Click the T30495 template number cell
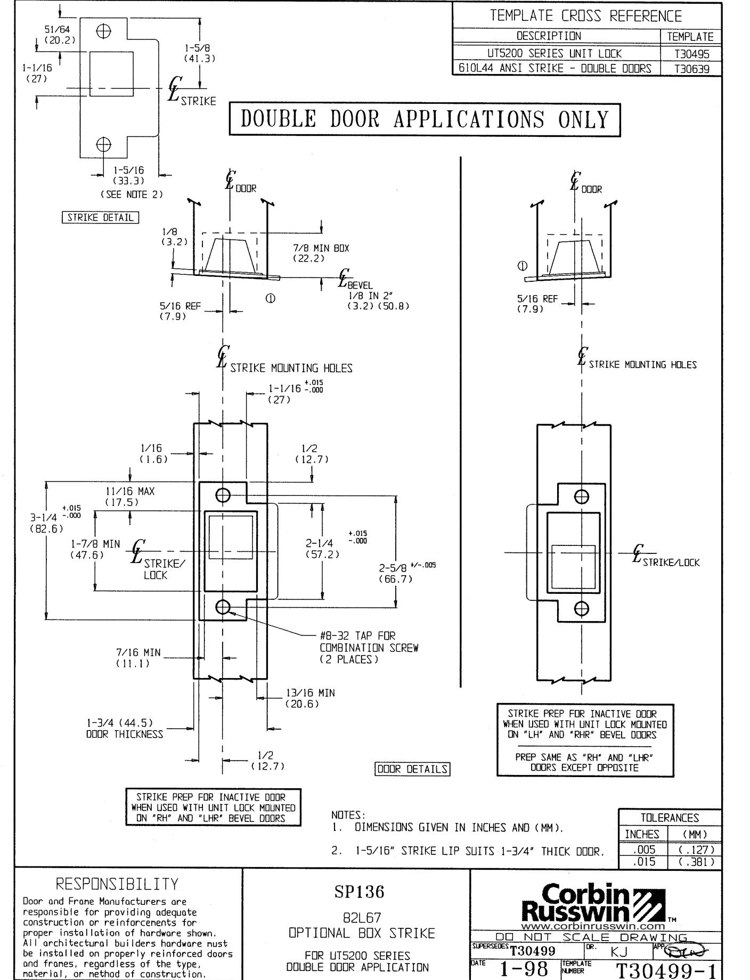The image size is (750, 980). (690, 53)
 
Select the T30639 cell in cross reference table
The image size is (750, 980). (690, 69)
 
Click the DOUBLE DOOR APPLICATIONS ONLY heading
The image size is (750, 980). (425, 120)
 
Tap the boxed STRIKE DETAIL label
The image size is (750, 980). (100, 217)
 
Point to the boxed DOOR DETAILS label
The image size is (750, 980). (412, 769)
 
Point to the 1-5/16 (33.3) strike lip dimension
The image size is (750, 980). (128, 176)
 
